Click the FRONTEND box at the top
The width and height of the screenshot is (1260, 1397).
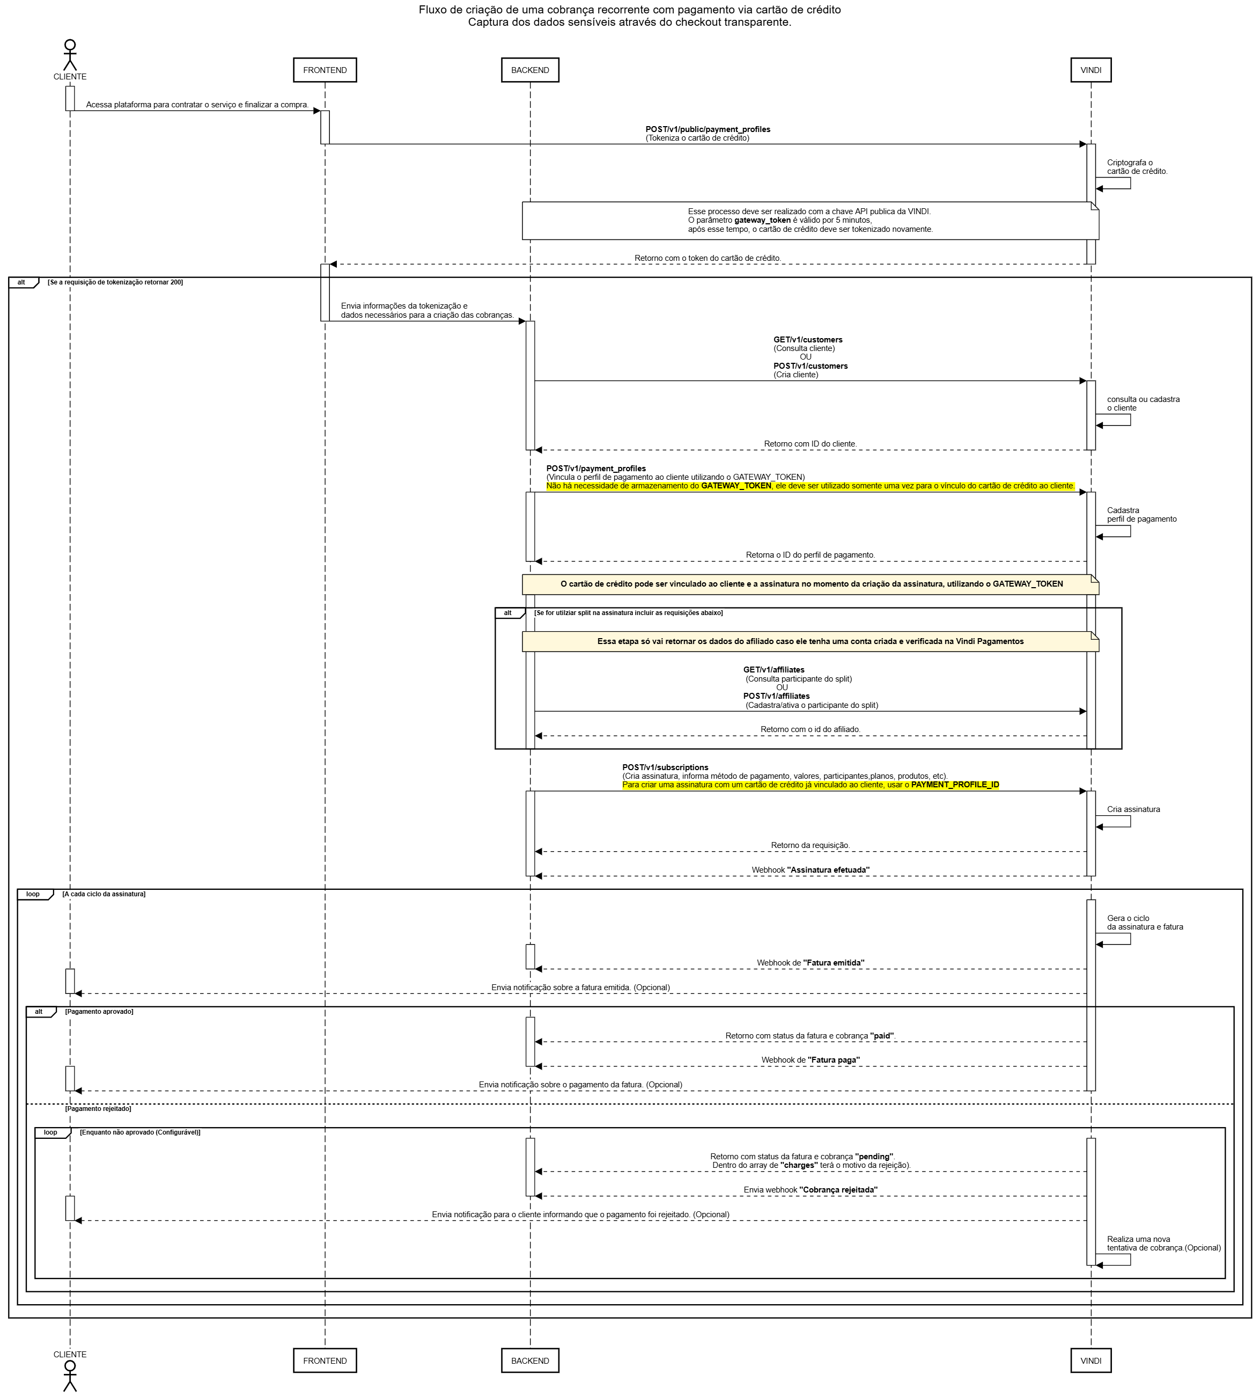pyautogui.click(x=325, y=70)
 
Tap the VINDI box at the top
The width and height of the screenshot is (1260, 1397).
pyautogui.click(x=1090, y=70)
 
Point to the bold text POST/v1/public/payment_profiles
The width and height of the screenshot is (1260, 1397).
pyautogui.click(x=708, y=129)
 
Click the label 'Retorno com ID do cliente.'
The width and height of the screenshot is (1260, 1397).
pyautogui.click(x=810, y=444)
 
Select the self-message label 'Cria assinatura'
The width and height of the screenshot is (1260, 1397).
pyautogui.click(x=1133, y=809)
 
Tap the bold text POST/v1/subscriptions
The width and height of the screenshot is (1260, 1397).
pyautogui.click(x=665, y=767)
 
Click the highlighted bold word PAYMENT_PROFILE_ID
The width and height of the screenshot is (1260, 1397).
pyautogui.click(x=955, y=785)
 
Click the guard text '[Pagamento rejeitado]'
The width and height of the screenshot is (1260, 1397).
pyautogui.click(x=98, y=1109)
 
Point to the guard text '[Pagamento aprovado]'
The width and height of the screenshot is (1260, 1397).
pyautogui.click(x=99, y=1012)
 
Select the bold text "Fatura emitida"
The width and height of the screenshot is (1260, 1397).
pyautogui.click(x=834, y=963)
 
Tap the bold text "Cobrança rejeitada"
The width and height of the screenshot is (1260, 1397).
pyautogui.click(x=838, y=1190)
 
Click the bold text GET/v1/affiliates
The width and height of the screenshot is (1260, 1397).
pyautogui.click(x=773, y=670)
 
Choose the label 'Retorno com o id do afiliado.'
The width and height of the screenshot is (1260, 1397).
pyautogui.click(x=810, y=729)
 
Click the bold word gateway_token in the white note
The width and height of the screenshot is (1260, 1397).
pyautogui.click(x=762, y=220)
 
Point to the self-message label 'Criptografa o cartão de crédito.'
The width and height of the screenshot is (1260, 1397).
pyautogui.click(x=1137, y=167)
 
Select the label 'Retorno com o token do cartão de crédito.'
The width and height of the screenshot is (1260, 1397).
pyautogui.click(x=708, y=258)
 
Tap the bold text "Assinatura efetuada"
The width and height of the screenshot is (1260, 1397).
pyautogui.click(x=828, y=870)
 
